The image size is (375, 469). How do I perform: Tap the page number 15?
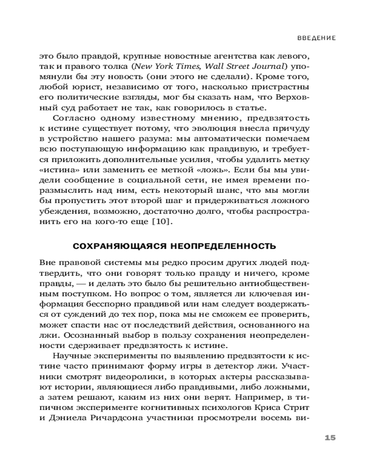pos(330,438)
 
